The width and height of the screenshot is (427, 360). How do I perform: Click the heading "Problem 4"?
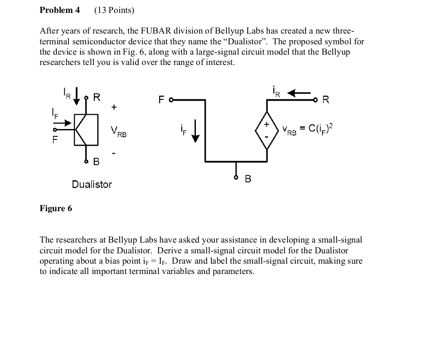[x=59, y=10]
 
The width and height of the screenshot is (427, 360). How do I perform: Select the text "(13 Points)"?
[x=114, y=10]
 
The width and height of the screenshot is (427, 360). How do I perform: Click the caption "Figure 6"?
[x=56, y=209]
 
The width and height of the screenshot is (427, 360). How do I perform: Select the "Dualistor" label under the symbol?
[x=92, y=185]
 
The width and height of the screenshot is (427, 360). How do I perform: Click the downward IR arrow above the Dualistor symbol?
[x=77, y=95]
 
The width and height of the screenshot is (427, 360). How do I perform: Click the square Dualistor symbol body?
[x=86, y=129]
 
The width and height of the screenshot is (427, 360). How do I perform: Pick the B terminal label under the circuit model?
[x=248, y=178]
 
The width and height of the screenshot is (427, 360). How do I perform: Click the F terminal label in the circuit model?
[x=161, y=100]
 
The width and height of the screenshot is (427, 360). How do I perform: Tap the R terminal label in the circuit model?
[x=325, y=100]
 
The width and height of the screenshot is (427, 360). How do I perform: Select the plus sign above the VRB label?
[x=114, y=107]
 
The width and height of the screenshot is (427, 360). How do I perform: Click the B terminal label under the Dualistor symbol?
[x=96, y=162]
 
